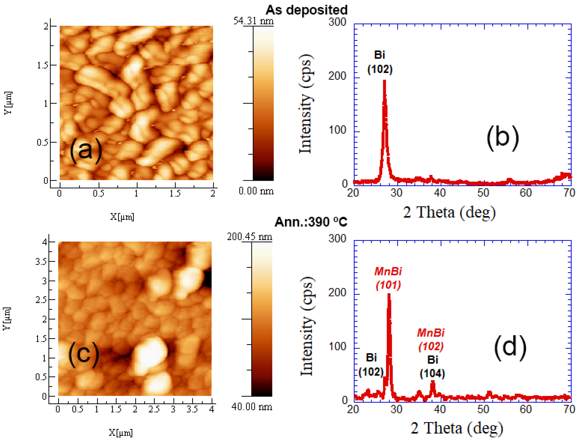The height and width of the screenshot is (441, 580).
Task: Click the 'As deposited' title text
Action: (306, 10)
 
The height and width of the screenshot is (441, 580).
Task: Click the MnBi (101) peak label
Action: (388, 278)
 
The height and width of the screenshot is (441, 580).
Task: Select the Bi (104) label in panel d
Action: (432, 367)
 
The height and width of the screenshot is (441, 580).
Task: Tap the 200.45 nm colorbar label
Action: (249, 237)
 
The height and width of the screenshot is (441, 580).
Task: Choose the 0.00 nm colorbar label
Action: (256, 191)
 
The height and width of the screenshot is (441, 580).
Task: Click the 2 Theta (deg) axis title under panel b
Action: (449, 212)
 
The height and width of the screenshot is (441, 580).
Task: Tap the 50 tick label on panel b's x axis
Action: (483, 193)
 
